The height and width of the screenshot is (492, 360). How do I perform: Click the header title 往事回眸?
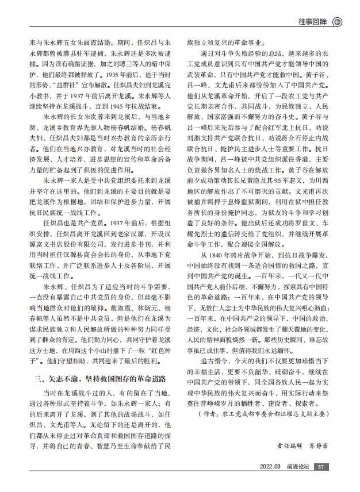coord(313,22)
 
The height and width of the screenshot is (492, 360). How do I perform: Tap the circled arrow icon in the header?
coord(338,22)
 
